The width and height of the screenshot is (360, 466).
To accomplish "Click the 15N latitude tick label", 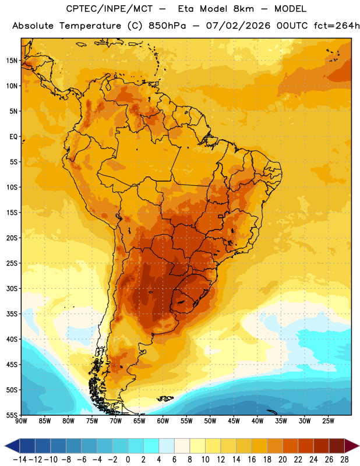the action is (x=12, y=61).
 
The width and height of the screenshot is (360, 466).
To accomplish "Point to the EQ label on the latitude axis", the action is (x=13, y=137).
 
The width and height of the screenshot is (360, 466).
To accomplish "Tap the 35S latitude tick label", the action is (x=12, y=314).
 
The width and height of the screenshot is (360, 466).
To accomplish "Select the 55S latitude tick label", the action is (x=12, y=415).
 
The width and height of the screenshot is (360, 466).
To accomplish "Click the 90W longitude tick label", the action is (x=21, y=421).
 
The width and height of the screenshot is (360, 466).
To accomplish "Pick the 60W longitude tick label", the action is (x=163, y=421).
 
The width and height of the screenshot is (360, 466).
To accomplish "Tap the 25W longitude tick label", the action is (x=328, y=421).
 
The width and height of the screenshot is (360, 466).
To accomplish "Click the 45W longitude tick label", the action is (x=234, y=421).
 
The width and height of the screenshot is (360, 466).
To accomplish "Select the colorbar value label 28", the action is (x=344, y=460).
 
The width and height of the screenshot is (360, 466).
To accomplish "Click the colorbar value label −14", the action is (x=20, y=460).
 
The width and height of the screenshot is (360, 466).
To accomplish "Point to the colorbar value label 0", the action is (x=128, y=460).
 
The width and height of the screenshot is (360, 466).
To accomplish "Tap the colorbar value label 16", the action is (x=252, y=460).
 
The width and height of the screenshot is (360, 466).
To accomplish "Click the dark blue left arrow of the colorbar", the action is (x=12, y=446).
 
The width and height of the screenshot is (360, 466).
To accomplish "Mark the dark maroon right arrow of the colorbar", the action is (x=352, y=446).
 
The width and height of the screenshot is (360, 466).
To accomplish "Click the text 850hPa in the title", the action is (x=167, y=26).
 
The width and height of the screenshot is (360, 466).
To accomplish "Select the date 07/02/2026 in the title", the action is (x=238, y=26).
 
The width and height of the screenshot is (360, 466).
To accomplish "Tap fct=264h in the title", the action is (x=337, y=26).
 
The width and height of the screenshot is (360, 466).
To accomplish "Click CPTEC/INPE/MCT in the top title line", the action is (x=109, y=9).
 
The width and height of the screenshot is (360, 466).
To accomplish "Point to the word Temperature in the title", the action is (x=90, y=26).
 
